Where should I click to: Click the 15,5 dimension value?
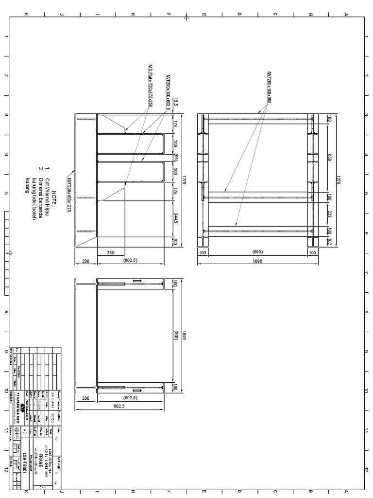click(176, 104)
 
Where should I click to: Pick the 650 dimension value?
click(329, 158)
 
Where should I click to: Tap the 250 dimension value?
click(110, 252)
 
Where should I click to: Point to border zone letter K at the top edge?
click(26, 14)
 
